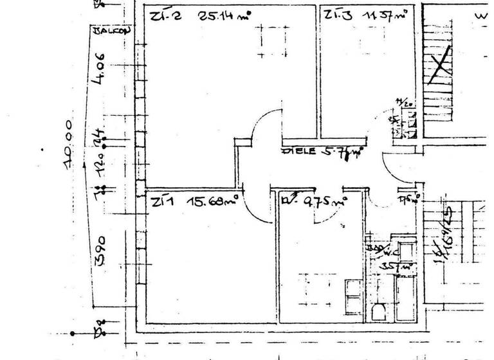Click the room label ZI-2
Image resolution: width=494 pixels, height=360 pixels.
point(161,17)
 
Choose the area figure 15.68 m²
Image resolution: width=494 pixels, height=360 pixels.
point(214,202)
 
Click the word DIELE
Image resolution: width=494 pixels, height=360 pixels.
point(297,152)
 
